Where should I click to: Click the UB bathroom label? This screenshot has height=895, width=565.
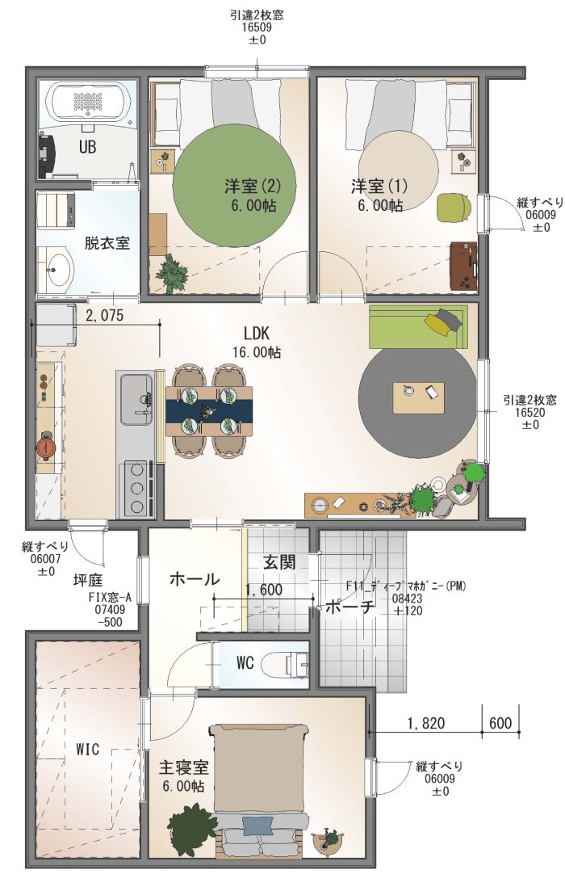click(x=87, y=147)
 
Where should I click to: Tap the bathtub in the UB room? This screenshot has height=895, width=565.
click(x=88, y=103)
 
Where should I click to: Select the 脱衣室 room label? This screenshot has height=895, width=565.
click(x=107, y=242)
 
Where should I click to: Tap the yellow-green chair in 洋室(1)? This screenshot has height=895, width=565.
click(x=454, y=207)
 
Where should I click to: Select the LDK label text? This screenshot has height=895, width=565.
click(x=257, y=333)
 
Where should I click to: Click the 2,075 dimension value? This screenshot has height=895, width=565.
click(x=104, y=314)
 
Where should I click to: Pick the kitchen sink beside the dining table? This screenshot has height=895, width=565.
click(x=136, y=400)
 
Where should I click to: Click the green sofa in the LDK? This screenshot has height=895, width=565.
click(x=418, y=326)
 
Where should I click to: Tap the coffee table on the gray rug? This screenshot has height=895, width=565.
click(x=418, y=397)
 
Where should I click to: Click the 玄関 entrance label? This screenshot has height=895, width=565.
click(x=279, y=562)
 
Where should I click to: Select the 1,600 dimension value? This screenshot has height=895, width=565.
click(x=263, y=590)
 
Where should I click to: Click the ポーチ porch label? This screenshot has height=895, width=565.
click(x=350, y=607)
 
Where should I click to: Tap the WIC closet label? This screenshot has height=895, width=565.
click(x=87, y=749)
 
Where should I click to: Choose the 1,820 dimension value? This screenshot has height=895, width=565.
click(x=426, y=723)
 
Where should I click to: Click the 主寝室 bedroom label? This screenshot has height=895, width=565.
click(x=183, y=767)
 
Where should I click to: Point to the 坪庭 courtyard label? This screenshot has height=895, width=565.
click(x=88, y=581)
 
